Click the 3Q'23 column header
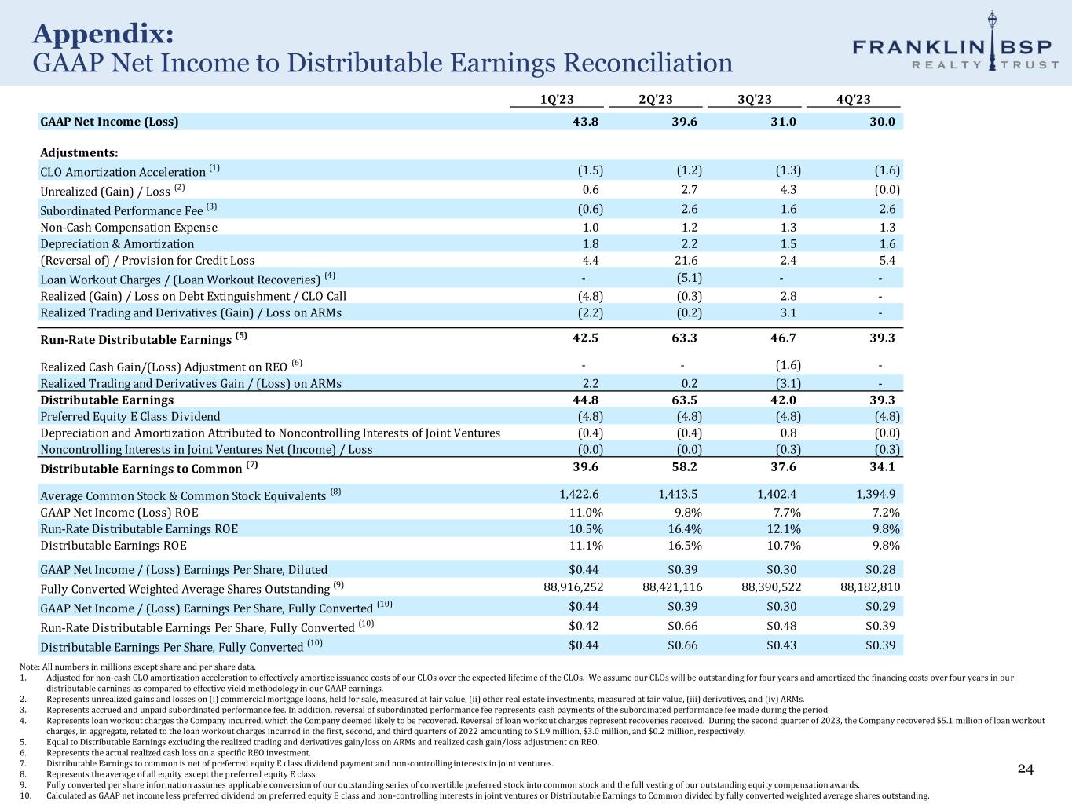[754, 99]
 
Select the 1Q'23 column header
[557, 99]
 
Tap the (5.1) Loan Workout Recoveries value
[689, 278]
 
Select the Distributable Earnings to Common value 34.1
[883, 467]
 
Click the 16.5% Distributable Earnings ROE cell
[685, 546]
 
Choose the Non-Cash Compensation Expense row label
[129, 228]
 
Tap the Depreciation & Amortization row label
[117, 244]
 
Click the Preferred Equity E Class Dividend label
[130, 417]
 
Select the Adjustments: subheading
[79, 152]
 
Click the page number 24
[1026, 769]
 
